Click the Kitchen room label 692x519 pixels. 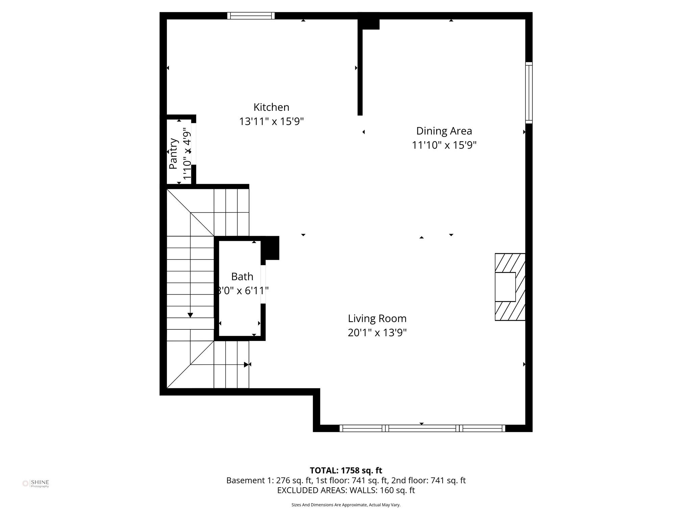[271, 107]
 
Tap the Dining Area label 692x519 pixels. [444, 131]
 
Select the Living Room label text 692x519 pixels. [377, 318]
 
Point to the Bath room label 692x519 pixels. [242, 276]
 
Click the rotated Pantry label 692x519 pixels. [173, 153]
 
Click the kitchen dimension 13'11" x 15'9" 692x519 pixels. [271, 121]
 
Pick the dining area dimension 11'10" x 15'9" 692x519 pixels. [444, 145]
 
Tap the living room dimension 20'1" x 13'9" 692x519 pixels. [377, 333]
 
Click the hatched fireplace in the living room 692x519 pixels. [510, 287]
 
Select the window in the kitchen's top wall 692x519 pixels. [251, 16]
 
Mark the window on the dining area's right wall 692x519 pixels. [529, 93]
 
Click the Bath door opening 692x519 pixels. [263, 285]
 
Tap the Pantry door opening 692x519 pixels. [194, 144]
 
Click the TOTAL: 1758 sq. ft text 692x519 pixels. [346, 470]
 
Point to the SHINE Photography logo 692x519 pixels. [36, 484]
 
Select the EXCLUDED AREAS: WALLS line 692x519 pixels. [346, 490]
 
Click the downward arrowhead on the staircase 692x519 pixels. [190, 315]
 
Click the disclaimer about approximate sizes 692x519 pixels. [346, 505]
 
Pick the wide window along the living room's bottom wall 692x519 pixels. [422, 428]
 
